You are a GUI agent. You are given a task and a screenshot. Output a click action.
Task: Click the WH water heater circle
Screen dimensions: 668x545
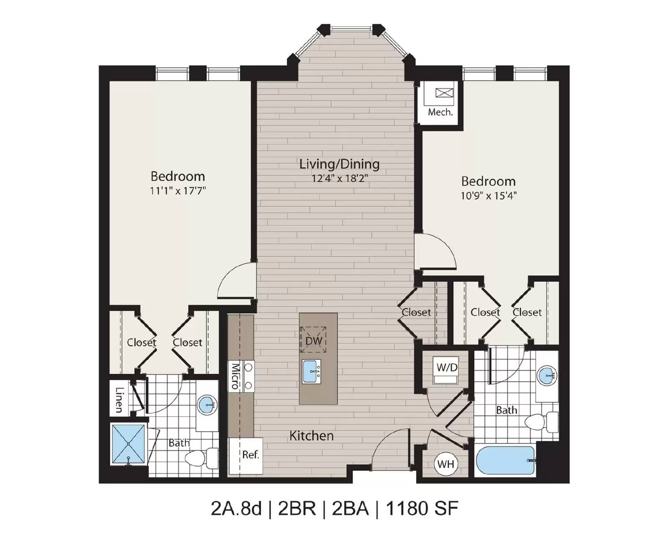coord(445,464)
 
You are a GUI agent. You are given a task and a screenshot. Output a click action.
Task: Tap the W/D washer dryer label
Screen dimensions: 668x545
coord(447,367)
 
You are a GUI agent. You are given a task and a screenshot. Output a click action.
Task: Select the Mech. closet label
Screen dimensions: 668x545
coord(440,112)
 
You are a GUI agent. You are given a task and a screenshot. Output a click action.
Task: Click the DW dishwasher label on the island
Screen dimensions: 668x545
coord(314,341)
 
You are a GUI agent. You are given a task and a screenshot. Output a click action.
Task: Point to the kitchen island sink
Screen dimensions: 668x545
coord(312,371)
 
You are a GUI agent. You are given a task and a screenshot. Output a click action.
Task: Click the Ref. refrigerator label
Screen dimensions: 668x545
coord(250,455)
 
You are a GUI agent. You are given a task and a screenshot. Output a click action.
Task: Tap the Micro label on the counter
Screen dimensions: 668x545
coord(235,376)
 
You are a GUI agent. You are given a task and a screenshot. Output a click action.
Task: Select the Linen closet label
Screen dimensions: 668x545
coord(119,400)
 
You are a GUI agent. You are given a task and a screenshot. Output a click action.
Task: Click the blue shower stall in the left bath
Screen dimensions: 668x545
coord(128,444)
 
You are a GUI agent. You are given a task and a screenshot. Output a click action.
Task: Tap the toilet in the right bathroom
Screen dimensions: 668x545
coord(541,422)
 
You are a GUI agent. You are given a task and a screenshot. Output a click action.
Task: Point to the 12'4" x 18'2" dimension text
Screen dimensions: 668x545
coord(339,179)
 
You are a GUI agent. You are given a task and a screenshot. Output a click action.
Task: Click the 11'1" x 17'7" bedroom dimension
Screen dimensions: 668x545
coord(178,191)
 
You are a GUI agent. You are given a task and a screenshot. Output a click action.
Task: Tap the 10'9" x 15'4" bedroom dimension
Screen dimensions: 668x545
coord(488,196)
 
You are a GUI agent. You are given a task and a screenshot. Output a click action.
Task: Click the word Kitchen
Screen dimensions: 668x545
coord(312,436)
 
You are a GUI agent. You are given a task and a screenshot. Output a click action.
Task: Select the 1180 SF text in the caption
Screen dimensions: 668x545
coord(422,509)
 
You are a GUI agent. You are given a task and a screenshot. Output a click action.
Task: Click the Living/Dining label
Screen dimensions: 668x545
coord(339,164)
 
